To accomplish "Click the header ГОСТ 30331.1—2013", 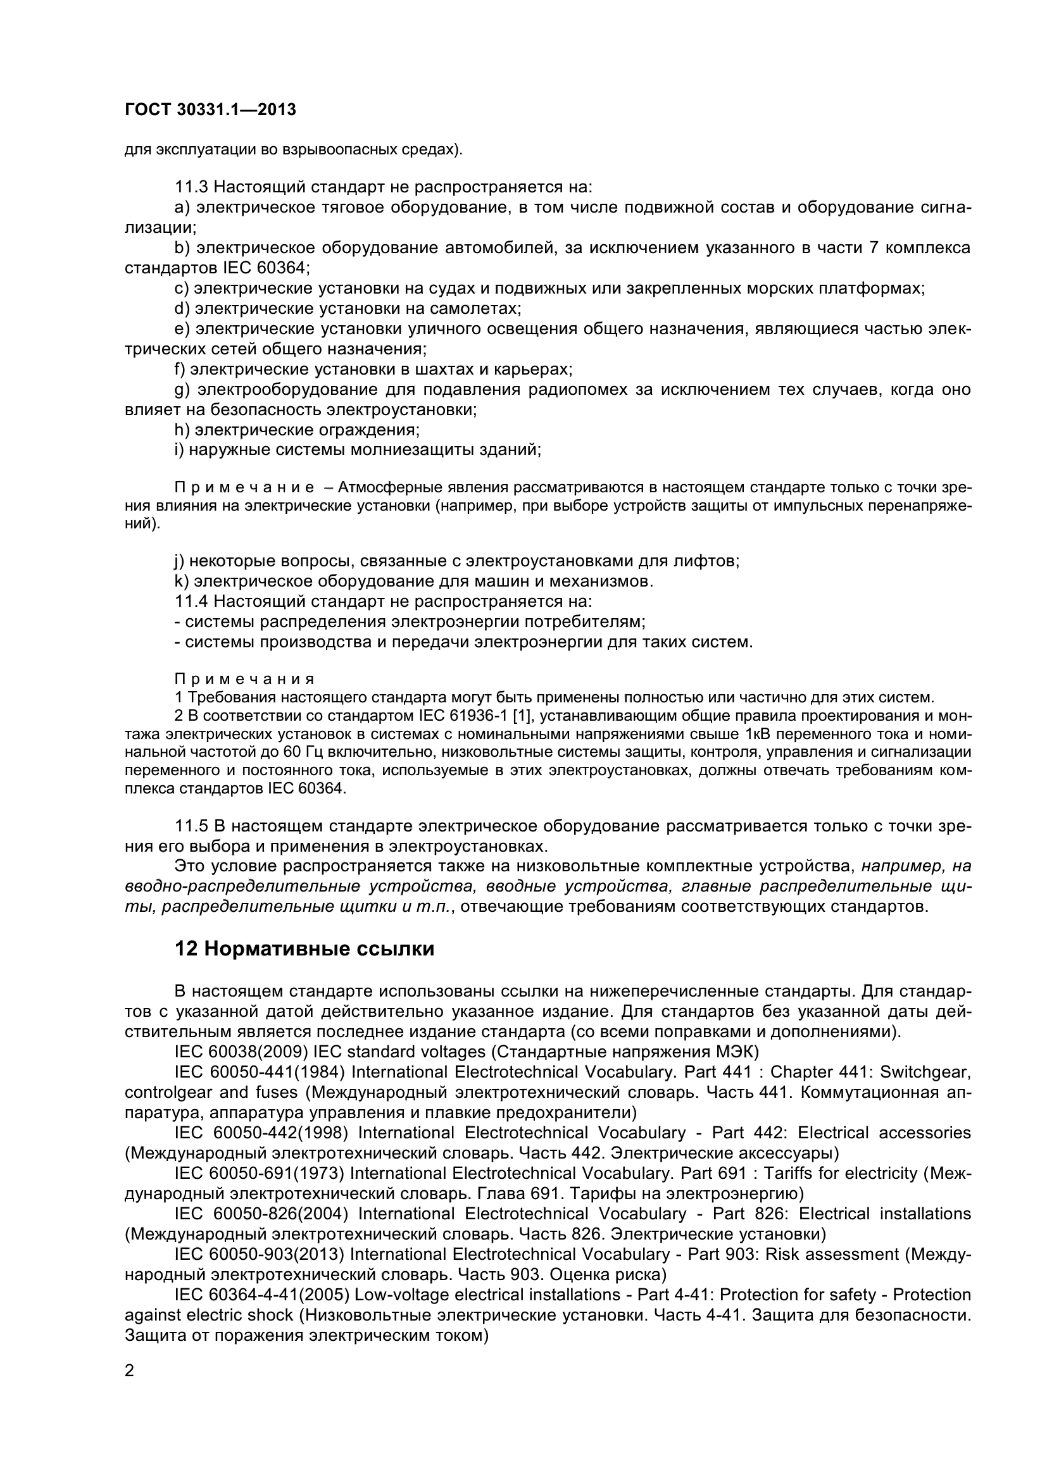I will click(210, 109).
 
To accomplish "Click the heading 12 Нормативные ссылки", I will click(304, 949).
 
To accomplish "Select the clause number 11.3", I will click(191, 187).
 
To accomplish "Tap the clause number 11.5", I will click(191, 826).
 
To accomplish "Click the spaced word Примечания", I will click(245, 679).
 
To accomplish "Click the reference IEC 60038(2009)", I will click(241, 1052).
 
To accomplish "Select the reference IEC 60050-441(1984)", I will click(260, 1072).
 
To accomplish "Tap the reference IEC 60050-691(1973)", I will click(260, 1173).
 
